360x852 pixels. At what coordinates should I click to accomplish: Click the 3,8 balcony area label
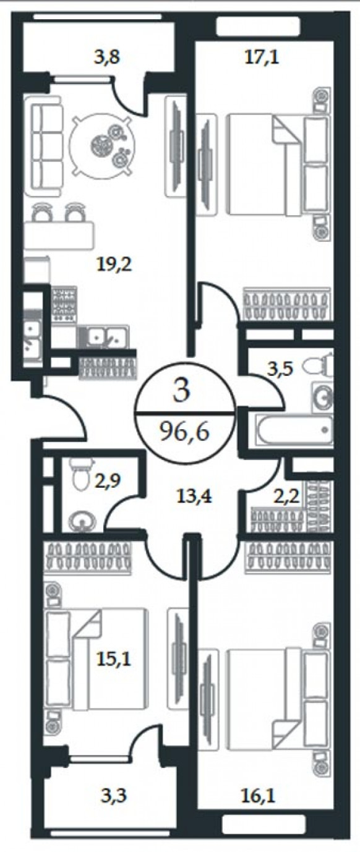click(x=106, y=58)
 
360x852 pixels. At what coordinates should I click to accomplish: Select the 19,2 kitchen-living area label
click(x=114, y=265)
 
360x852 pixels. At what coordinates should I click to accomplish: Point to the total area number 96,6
click(x=184, y=432)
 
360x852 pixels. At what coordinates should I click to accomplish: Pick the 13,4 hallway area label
click(x=194, y=496)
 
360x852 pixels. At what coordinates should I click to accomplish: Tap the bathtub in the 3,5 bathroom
click(x=294, y=430)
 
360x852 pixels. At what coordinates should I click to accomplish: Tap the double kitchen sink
click(x=103, y=336)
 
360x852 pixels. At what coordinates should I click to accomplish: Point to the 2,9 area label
click(x=107, y=480)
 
